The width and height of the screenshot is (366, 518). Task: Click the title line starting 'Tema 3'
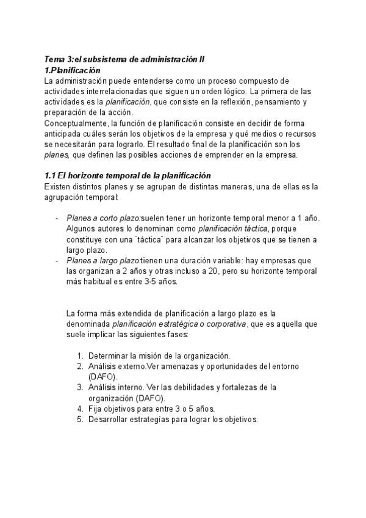125,60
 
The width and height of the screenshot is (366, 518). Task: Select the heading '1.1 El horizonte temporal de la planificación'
127,175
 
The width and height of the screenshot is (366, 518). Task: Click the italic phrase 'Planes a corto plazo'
103,218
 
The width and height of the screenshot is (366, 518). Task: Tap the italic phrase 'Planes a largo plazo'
103,260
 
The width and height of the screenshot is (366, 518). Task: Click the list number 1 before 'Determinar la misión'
80,356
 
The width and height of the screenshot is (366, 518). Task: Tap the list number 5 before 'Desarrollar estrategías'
80,420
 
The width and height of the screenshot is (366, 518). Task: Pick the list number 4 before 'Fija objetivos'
80,409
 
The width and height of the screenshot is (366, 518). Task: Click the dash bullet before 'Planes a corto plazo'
57,218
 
